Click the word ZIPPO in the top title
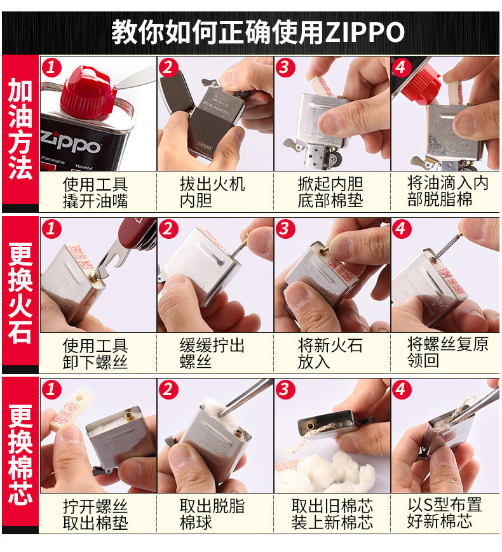[x=365, y=32]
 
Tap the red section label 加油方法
[x=20, y=129]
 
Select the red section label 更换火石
[x=20, y=293]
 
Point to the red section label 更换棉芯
[x=20, y=454]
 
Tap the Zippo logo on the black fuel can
[x=71, y=142]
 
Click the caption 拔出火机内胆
[x=212, y=192]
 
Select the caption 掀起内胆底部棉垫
[x=330, y=192]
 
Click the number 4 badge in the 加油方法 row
[x=401, y=67]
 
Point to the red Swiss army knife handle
[x=138, y=232]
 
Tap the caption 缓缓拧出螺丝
[x=212, y=353]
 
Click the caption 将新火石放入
[x=330, y=353]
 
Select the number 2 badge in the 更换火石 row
[x=168, y=229]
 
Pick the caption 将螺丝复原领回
[x=447, y=353]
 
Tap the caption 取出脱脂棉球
[x=212, y=515]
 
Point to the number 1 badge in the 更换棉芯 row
[x=51, y=390]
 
